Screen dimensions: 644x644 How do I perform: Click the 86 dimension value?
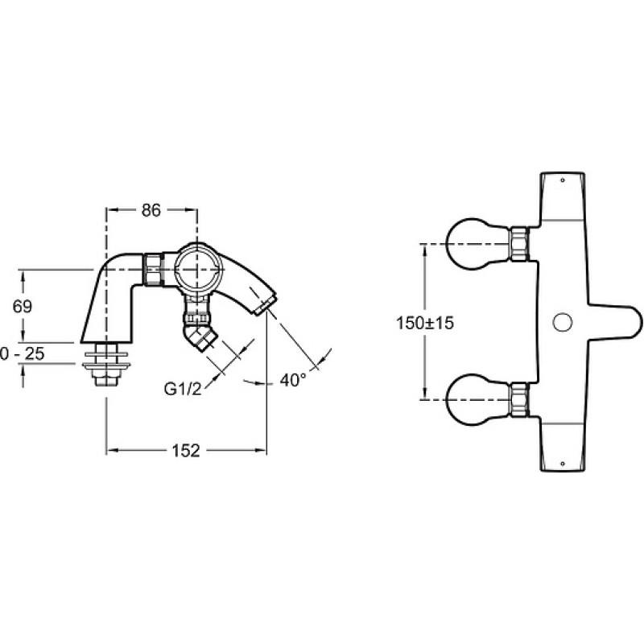pos(151,210)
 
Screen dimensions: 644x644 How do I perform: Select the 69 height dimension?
pos(23,307)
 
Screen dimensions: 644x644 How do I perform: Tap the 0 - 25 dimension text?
pos(23,353)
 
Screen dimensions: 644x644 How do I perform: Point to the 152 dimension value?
pos(186,451)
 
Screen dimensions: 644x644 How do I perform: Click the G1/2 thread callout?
pos(183,389)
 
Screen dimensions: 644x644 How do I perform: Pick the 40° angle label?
pos(293,380)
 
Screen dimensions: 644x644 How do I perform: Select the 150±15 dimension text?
pos(425,323)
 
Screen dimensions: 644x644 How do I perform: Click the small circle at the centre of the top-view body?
pos(563,323)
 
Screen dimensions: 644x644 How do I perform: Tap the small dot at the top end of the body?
pos(563,180)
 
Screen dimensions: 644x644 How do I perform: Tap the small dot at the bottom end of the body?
pos(563,464)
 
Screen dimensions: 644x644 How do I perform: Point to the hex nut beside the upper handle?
pos(519,244)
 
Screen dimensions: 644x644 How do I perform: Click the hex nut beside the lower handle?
pos(519,399)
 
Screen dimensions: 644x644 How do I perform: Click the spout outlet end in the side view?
pos(266,305)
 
